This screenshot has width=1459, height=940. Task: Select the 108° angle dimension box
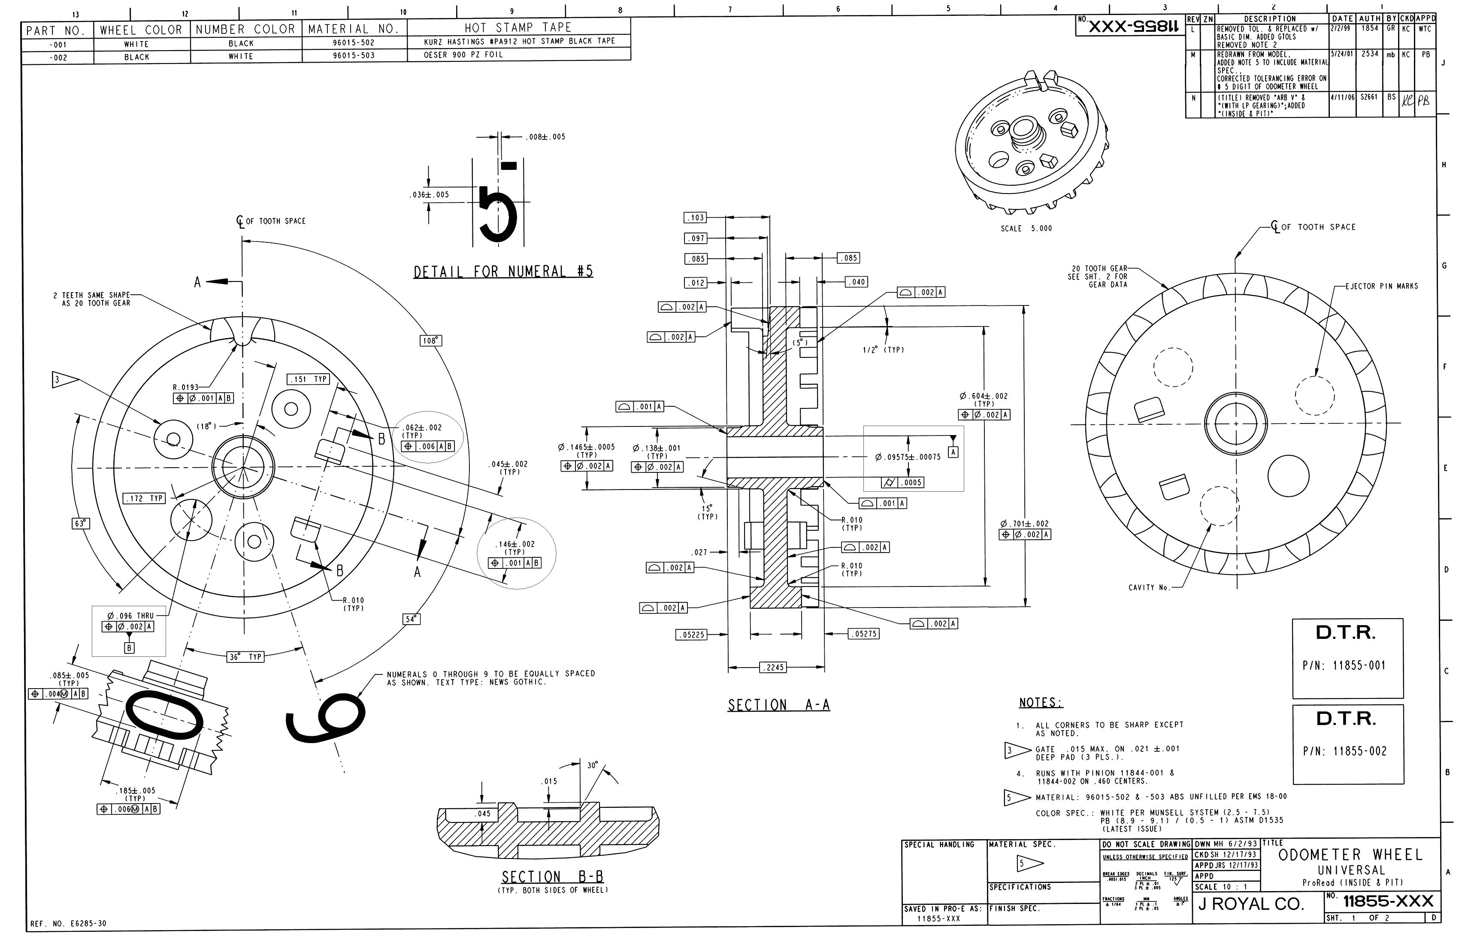[430, 341]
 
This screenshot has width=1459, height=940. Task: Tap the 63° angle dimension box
[80, 523]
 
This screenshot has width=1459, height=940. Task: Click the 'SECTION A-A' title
[778, 705]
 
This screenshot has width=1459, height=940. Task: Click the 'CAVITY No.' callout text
[1149, 587]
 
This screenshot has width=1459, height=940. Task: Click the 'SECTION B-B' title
[552, 877]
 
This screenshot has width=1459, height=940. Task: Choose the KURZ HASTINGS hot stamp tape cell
[519, 41]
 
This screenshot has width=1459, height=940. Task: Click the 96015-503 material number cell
[354, 55]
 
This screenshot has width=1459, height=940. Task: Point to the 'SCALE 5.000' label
[1026, 228]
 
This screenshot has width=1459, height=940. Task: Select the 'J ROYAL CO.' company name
[1251, 904]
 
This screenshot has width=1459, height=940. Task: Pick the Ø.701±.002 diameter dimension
[1024, 524]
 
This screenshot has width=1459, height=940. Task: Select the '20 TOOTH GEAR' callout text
[1099, 269]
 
